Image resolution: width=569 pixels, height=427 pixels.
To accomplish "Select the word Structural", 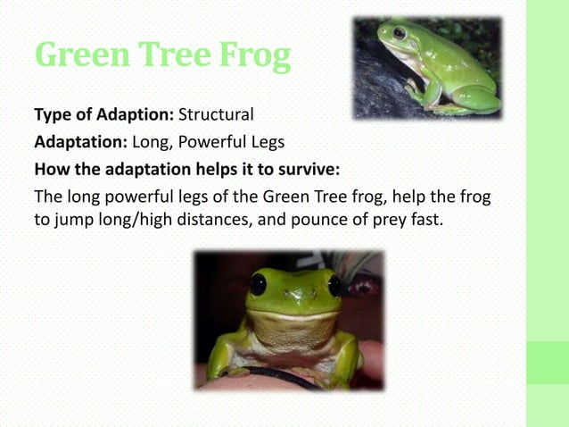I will coord(217,115).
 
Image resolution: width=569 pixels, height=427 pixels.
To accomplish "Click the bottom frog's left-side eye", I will coord(258,285).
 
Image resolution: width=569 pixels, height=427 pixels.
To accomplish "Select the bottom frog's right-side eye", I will coord(335,285).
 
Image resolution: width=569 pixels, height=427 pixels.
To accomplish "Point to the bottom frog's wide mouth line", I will coord(294,314).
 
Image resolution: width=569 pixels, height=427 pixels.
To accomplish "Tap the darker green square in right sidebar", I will coord(547,363).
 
